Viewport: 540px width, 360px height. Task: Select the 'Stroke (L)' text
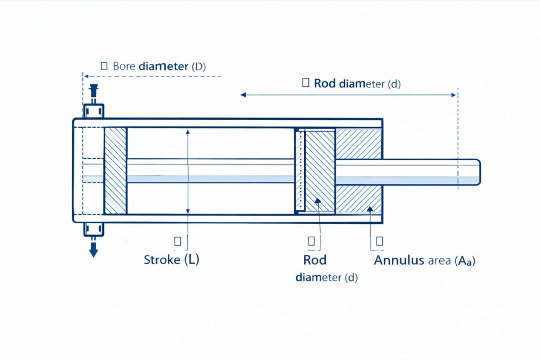pos(171,260)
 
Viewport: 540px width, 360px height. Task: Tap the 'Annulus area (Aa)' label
pos(425,260)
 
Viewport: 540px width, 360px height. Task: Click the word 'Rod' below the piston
pos(315,260)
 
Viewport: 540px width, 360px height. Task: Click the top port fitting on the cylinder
pos(94,111)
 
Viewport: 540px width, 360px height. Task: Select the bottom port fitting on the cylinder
pos(94,229)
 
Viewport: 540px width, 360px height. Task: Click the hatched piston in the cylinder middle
pos(320,171)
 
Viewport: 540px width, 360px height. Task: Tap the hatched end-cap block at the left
pos(115,171)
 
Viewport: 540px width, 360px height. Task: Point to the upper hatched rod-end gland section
pos(359,143)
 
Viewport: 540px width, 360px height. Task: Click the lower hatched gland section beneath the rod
pos(359,199)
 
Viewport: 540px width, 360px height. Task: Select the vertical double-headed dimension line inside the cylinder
pos(188,171)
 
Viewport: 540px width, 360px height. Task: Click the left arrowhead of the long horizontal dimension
pos(243,95)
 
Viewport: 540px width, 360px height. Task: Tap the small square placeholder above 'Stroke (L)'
pos(178,241)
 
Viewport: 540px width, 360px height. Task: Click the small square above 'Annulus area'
pos(379,241)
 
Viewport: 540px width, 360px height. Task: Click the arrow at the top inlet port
pos(94,91)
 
